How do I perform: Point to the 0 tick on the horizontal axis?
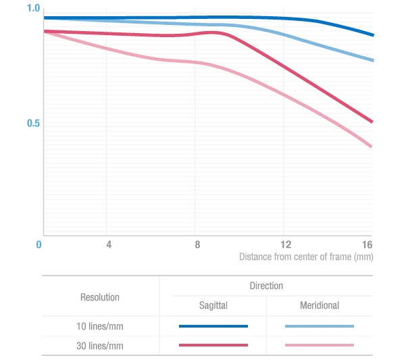[x=39, y=245]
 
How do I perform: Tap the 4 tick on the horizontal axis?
[x=109, y=245]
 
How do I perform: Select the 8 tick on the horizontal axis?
[x=197, y=245]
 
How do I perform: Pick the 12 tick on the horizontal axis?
[x=286, y=245]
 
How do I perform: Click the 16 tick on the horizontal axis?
[x=367, y=245]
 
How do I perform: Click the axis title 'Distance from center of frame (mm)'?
[x=306, y=257]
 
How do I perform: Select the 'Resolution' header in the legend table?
[x=100, y=297]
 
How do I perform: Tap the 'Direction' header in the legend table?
[x=266, y=286]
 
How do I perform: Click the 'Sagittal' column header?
[x=213, y=305]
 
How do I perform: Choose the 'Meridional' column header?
[x=320, y=305]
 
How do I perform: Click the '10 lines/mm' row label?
[x=100, y=326]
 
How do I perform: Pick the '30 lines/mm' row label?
[x=100, y=345]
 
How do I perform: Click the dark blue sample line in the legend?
[x=213, y=326]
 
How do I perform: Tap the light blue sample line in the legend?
[x=320, y=326]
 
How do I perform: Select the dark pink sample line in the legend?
[x=213, y=345]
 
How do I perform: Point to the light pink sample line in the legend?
[x=320, y=345]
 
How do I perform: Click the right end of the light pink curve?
[x=372, y=146]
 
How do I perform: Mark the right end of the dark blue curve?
[x=372, y=34]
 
